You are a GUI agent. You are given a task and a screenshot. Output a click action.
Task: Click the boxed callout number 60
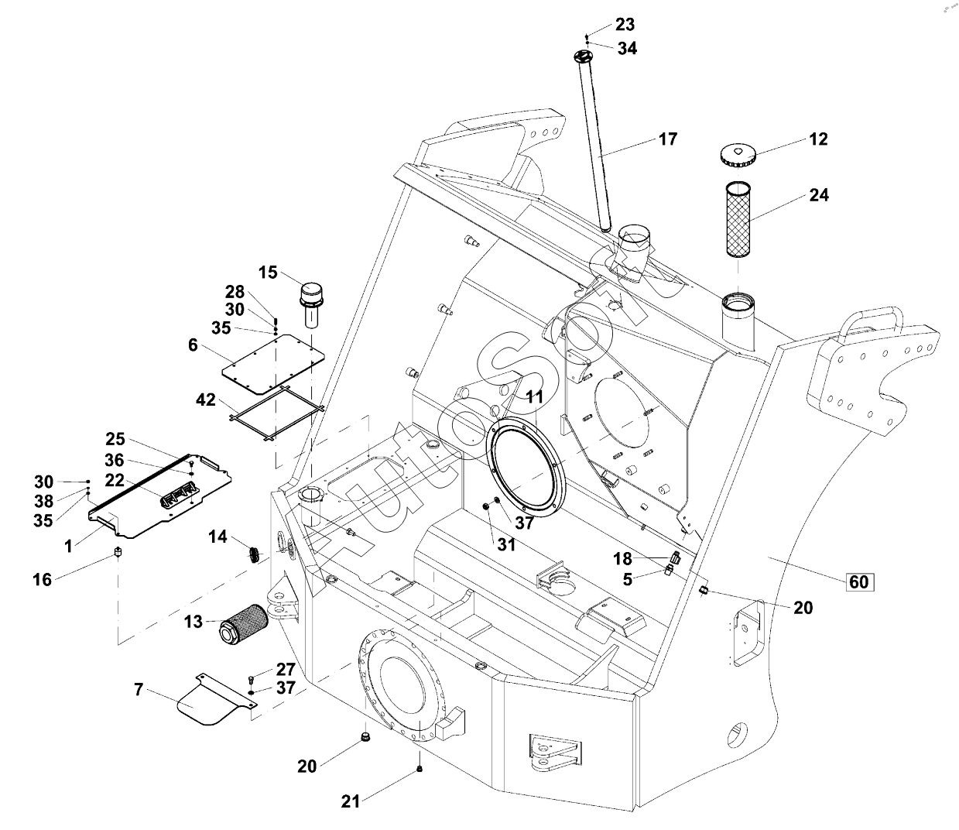pyautogui.click(x=859, y=582)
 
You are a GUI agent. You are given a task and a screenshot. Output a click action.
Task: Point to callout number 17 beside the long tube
pyautogui.click(x=668, y=139)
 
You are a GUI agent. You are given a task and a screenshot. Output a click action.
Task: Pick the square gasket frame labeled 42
pyautogui.click(x=277, y=412)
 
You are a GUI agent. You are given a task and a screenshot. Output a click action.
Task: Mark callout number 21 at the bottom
pyautogui.click(x=351, y=802)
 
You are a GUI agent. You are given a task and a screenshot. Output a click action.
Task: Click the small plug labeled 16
pyautogui.click(x=117, y=554)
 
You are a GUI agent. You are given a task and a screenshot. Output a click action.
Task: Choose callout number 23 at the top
pyautogui.click(x=625, y=24)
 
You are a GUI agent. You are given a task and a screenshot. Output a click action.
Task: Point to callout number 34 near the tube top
pyautogui.click(x=627, y=48)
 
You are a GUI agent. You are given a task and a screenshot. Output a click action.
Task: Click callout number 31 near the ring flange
pyautogui.click(x=506, y=545)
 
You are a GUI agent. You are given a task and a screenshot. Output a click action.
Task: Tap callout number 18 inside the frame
pyautogui.click(x=623, y=559)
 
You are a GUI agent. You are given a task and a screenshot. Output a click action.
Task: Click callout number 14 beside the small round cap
pyautogui.click(x=218, y=536)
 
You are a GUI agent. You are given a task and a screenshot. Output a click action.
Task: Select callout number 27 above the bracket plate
pyautogui.click(x=286, y=669)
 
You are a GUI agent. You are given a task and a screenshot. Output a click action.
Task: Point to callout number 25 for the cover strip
pyautogui.click(x=115, y=440)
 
